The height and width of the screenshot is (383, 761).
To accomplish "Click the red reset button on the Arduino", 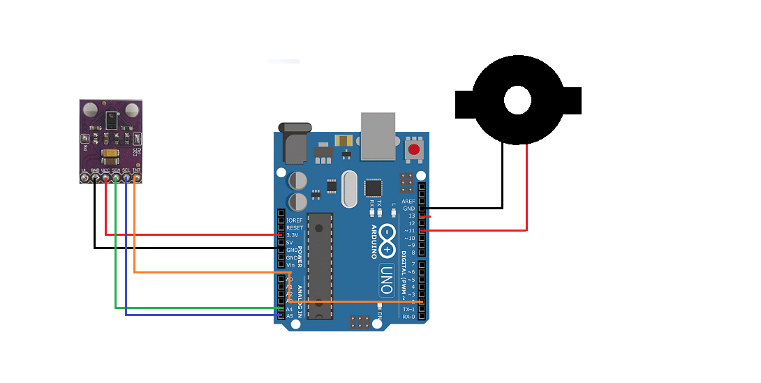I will [x=414, y=149].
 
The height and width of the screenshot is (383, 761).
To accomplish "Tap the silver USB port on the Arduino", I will [x=378, y=135].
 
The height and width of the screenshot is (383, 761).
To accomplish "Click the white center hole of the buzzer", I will [x=517, y=100].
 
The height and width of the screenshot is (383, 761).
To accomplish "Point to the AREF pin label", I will [x=408, y=202].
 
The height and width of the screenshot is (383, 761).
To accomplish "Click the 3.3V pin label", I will [x=293, y=235].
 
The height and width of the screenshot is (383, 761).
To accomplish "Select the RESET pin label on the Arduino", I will [x=295, y=227].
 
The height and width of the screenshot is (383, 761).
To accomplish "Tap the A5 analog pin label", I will [x=290, y=316].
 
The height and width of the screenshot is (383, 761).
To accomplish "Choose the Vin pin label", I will [x=290, y=265].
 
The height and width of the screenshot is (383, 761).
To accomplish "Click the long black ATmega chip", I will [x=320, y=266].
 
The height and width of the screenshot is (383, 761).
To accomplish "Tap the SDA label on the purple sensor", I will [x=116, y=170].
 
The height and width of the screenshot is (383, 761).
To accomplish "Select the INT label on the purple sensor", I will [x=137, y=170].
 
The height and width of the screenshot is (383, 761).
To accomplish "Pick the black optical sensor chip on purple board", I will [x=111, y=119].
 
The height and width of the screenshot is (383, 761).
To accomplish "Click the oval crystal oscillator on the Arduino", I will [x=348, y=189].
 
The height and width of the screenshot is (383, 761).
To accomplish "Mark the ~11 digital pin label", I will [x=409, y=231].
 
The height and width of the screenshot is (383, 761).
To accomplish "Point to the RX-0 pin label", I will [x=408, y=317].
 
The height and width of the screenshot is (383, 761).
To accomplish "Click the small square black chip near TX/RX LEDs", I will [x=374, y=188].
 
